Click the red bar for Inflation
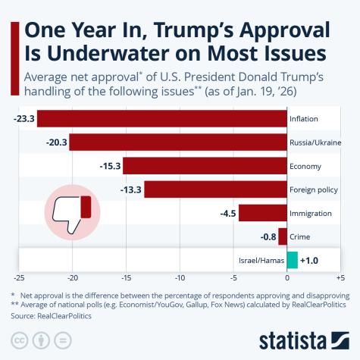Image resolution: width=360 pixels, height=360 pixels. [161, 119]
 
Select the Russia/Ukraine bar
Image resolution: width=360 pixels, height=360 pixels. [178, 142]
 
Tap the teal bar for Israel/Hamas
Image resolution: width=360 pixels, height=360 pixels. [293, 261]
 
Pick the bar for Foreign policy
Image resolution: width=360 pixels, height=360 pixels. [215, 189]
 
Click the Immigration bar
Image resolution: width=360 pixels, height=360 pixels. [262, 214]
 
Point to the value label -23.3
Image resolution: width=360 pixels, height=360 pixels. [23, 119]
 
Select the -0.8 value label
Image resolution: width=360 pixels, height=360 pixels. [268, 237]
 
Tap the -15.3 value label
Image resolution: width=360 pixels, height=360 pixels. [110, 166]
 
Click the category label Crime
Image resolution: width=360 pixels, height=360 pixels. [301, 237]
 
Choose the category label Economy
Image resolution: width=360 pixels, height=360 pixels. [305, 166]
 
